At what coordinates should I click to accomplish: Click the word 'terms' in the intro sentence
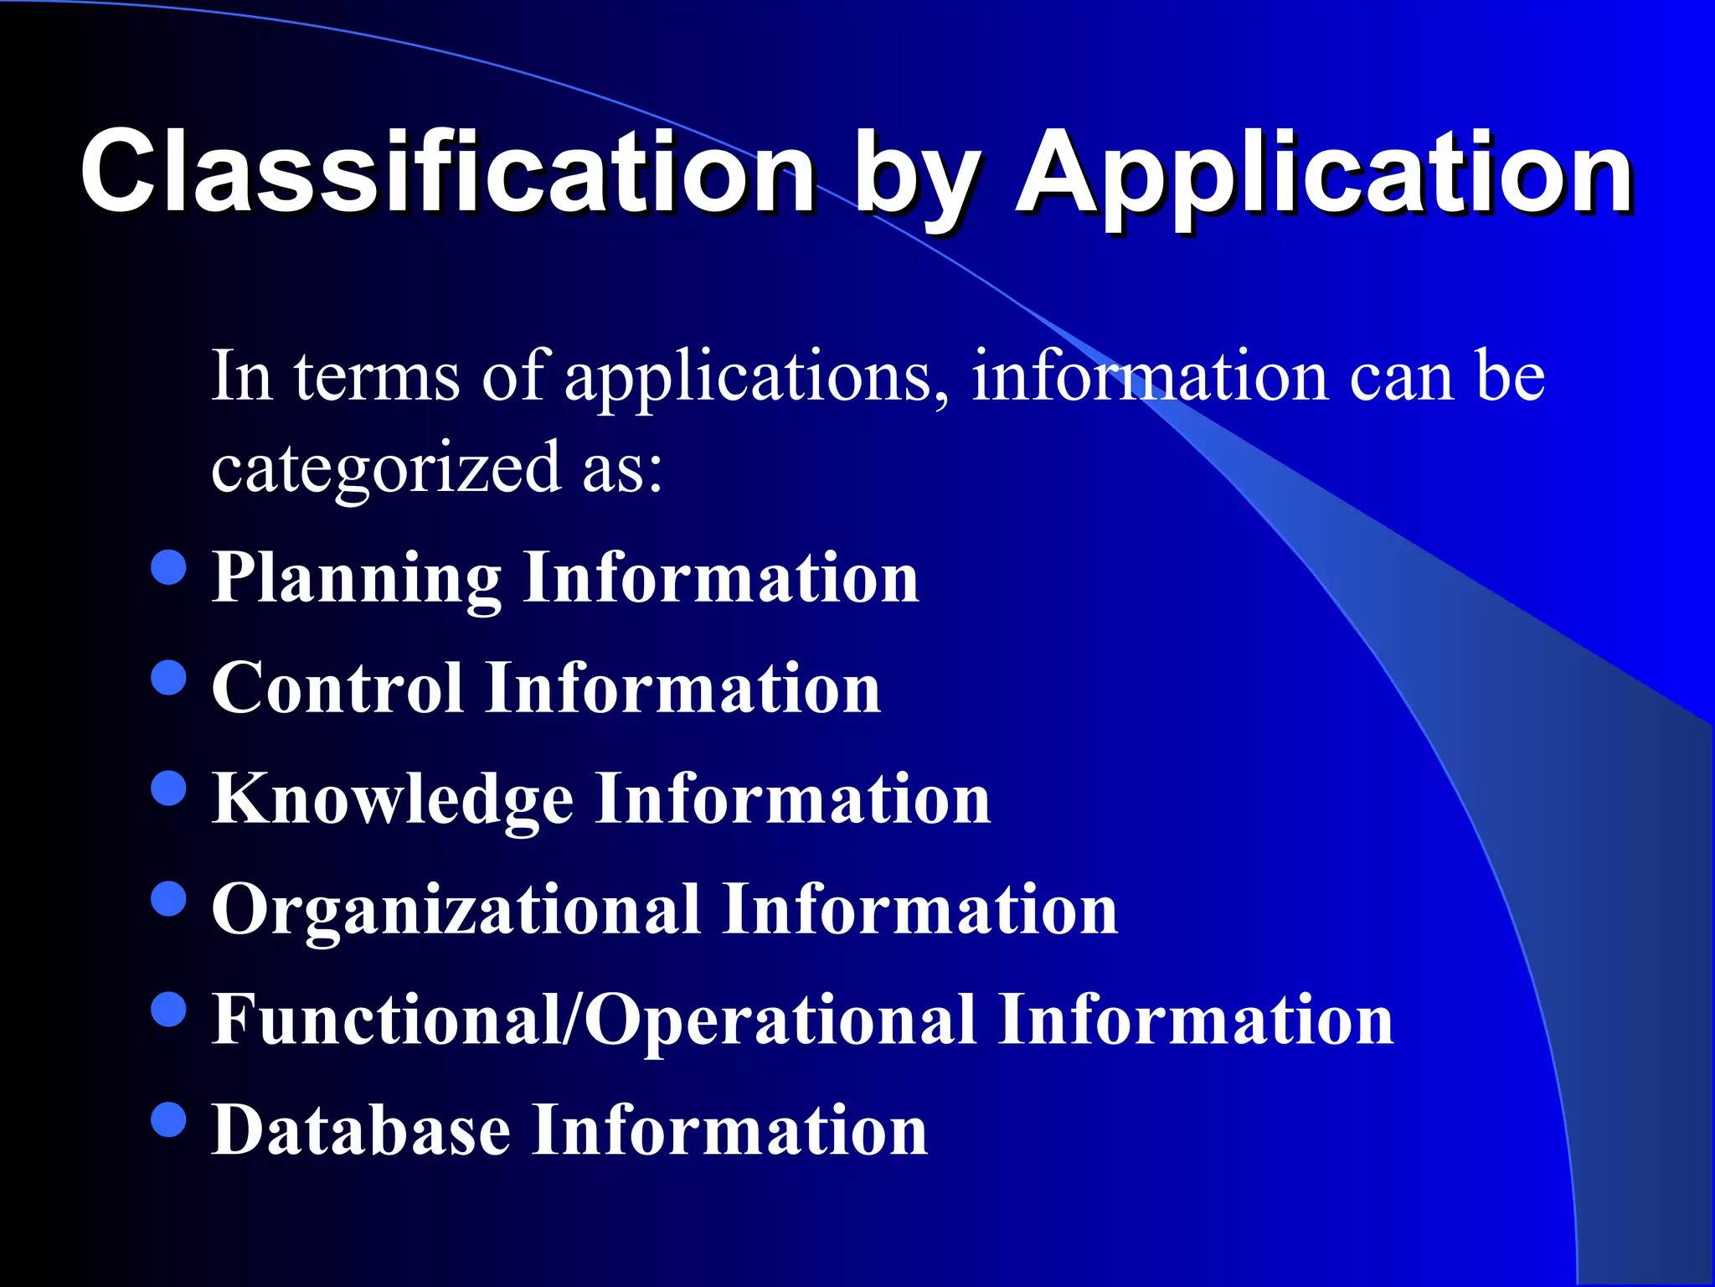(377, 377)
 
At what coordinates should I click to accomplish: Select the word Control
(337, 689)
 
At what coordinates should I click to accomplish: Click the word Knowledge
(393, 800)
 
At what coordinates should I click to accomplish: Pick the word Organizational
(456, 912)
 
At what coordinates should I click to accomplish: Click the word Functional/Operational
(594, 1021)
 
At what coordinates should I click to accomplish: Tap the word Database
(361, 1131)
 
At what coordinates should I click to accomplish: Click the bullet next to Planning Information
(169, 567)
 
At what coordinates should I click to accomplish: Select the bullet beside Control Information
(169, 678)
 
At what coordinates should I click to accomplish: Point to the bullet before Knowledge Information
(169, 788)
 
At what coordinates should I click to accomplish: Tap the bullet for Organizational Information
(169, 899)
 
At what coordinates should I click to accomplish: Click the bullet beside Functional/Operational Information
(169, 1010)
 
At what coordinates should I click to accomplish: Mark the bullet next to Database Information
(169, 1120)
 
